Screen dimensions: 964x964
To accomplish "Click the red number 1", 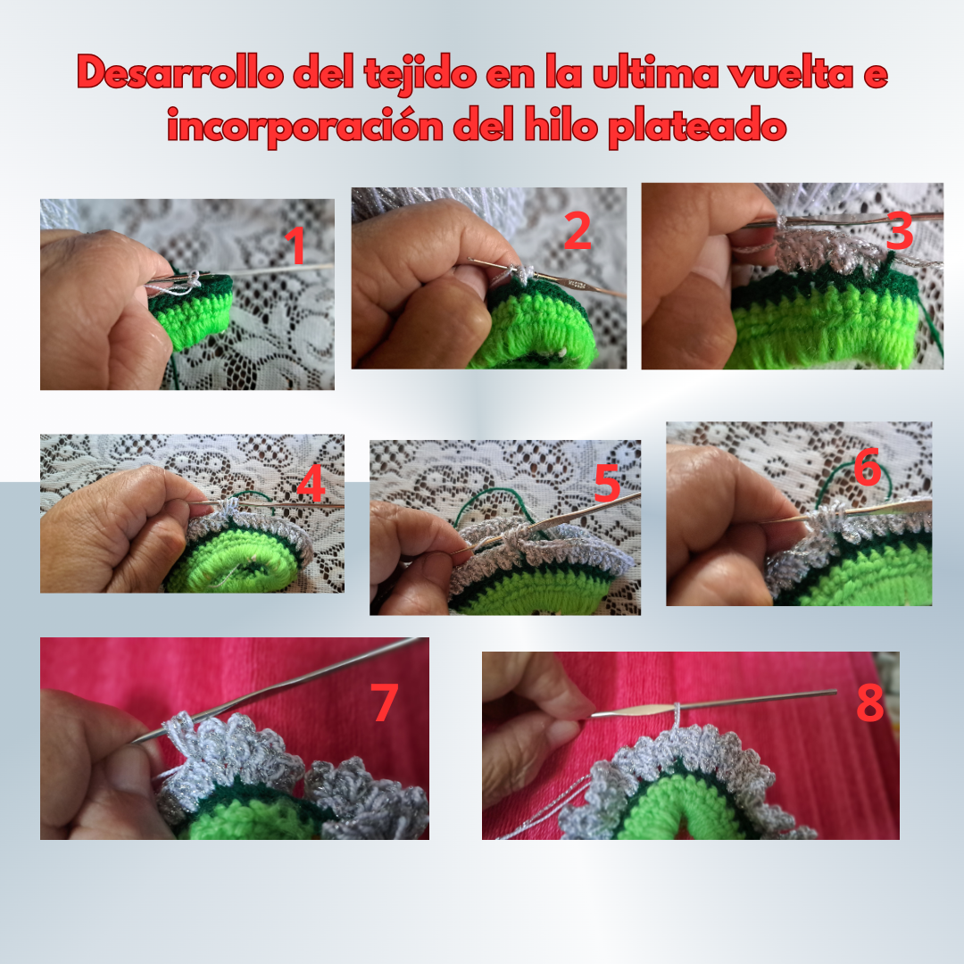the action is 297,245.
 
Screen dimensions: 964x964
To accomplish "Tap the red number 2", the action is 578,231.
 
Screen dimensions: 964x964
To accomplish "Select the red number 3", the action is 900,231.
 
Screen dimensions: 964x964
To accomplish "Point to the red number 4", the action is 311,483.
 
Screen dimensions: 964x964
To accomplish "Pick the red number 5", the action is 608,483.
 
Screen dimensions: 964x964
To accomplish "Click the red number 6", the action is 868,467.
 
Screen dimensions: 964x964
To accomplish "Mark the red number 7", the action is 384,702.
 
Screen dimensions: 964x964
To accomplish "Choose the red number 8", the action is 870,702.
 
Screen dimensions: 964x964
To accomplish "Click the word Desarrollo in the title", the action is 180,73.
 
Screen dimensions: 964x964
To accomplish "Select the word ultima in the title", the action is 655,73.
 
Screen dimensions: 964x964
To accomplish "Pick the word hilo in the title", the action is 561,125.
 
